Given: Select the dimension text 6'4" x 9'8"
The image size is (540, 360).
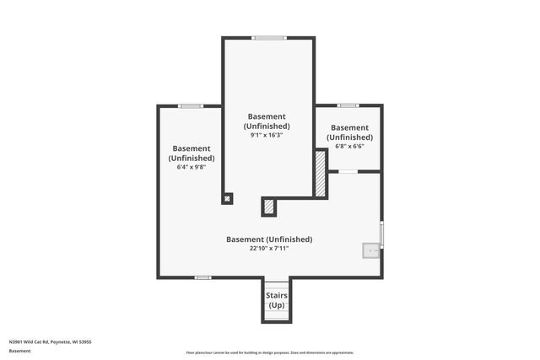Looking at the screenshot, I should pyautogui.click(x=191, y=167).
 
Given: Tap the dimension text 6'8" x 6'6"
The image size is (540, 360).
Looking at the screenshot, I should pyautogui.click(x=349, y=146).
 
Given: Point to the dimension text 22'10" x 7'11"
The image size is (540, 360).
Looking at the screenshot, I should pyautogui.click(x=269, y=248).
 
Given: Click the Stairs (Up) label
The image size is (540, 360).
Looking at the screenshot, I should pyautogui.click(x=277, y=300).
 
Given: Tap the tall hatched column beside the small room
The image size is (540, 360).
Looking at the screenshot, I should pyautogui.click(x=321, y=174).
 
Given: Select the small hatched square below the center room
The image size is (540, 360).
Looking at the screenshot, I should pyautogui.click(x=269, y=207).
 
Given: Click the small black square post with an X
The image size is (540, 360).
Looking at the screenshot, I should pyautogui.click(x=227, y=199).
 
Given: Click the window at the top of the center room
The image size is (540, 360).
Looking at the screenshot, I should pyautogui.click(x=269, y=37).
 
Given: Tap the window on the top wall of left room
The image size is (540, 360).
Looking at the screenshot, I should pyautogui.click(x=191, y=105).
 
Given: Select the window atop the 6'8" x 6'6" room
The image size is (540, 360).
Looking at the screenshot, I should pyautogui.click(x=348, y=105).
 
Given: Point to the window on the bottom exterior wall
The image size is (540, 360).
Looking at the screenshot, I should pyautogui.click(x=202, y=277).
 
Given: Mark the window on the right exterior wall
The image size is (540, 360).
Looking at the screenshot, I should pyautogui.click(x=381, y=234).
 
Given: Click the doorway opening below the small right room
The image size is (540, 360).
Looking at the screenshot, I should pyautogui.click(x=348, y=171).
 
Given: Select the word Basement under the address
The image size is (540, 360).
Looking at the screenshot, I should pyautogui.click(x=19, y=350).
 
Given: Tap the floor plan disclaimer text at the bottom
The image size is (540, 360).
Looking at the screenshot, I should pyautogui.click(x=269, y=352).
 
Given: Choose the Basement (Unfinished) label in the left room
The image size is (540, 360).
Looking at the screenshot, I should pyautogui.click(x=191, y=153).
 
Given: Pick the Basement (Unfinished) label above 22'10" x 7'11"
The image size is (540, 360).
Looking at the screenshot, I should pyautogui.click(x=269, y=239).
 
